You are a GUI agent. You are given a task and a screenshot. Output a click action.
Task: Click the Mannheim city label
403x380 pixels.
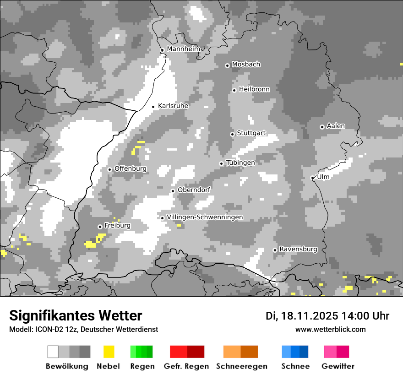pos(184,49)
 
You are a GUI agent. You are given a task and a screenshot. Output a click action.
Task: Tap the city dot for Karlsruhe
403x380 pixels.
pos(153,107)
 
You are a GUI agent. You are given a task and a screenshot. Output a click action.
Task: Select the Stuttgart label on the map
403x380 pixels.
pos(251,133)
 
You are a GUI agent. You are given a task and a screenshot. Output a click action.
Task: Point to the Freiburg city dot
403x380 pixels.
pos(100,227)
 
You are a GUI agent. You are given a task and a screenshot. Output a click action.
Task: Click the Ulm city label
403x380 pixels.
pos(323,177)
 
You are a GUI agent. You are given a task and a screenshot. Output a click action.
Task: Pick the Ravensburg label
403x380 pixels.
pos(298,250)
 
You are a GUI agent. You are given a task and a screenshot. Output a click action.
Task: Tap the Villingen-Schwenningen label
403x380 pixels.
pos(205,217)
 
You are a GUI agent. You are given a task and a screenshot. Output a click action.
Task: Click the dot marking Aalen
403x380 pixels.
pos(322,127)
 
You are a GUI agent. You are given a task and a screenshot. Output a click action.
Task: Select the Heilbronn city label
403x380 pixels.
pos(254,89)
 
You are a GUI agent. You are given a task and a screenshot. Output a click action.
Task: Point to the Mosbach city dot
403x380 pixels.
pos(227,65)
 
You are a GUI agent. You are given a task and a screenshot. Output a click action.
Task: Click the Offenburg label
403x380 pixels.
pos(131,168)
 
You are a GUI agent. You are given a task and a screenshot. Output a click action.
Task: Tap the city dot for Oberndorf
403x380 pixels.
pos(173,191)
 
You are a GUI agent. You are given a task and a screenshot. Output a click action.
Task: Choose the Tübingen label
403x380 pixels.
pos(240,163)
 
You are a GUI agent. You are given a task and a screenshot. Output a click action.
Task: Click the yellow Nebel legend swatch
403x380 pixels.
pos(109,352)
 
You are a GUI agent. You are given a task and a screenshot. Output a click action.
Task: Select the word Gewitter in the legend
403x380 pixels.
pos(338,366)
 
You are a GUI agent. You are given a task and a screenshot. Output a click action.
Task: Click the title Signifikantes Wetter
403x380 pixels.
pos(76,315)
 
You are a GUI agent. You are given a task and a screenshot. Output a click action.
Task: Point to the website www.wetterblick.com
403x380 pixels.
pos(331,329)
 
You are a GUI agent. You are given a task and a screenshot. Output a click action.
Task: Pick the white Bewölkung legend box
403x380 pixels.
pos(53,352)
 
